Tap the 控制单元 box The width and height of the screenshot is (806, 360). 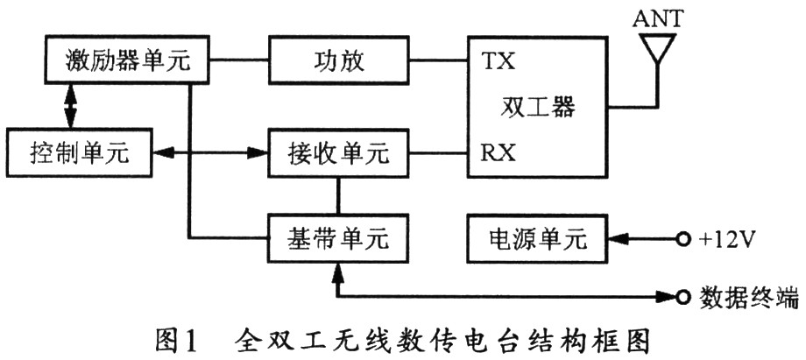click(78, 152)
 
